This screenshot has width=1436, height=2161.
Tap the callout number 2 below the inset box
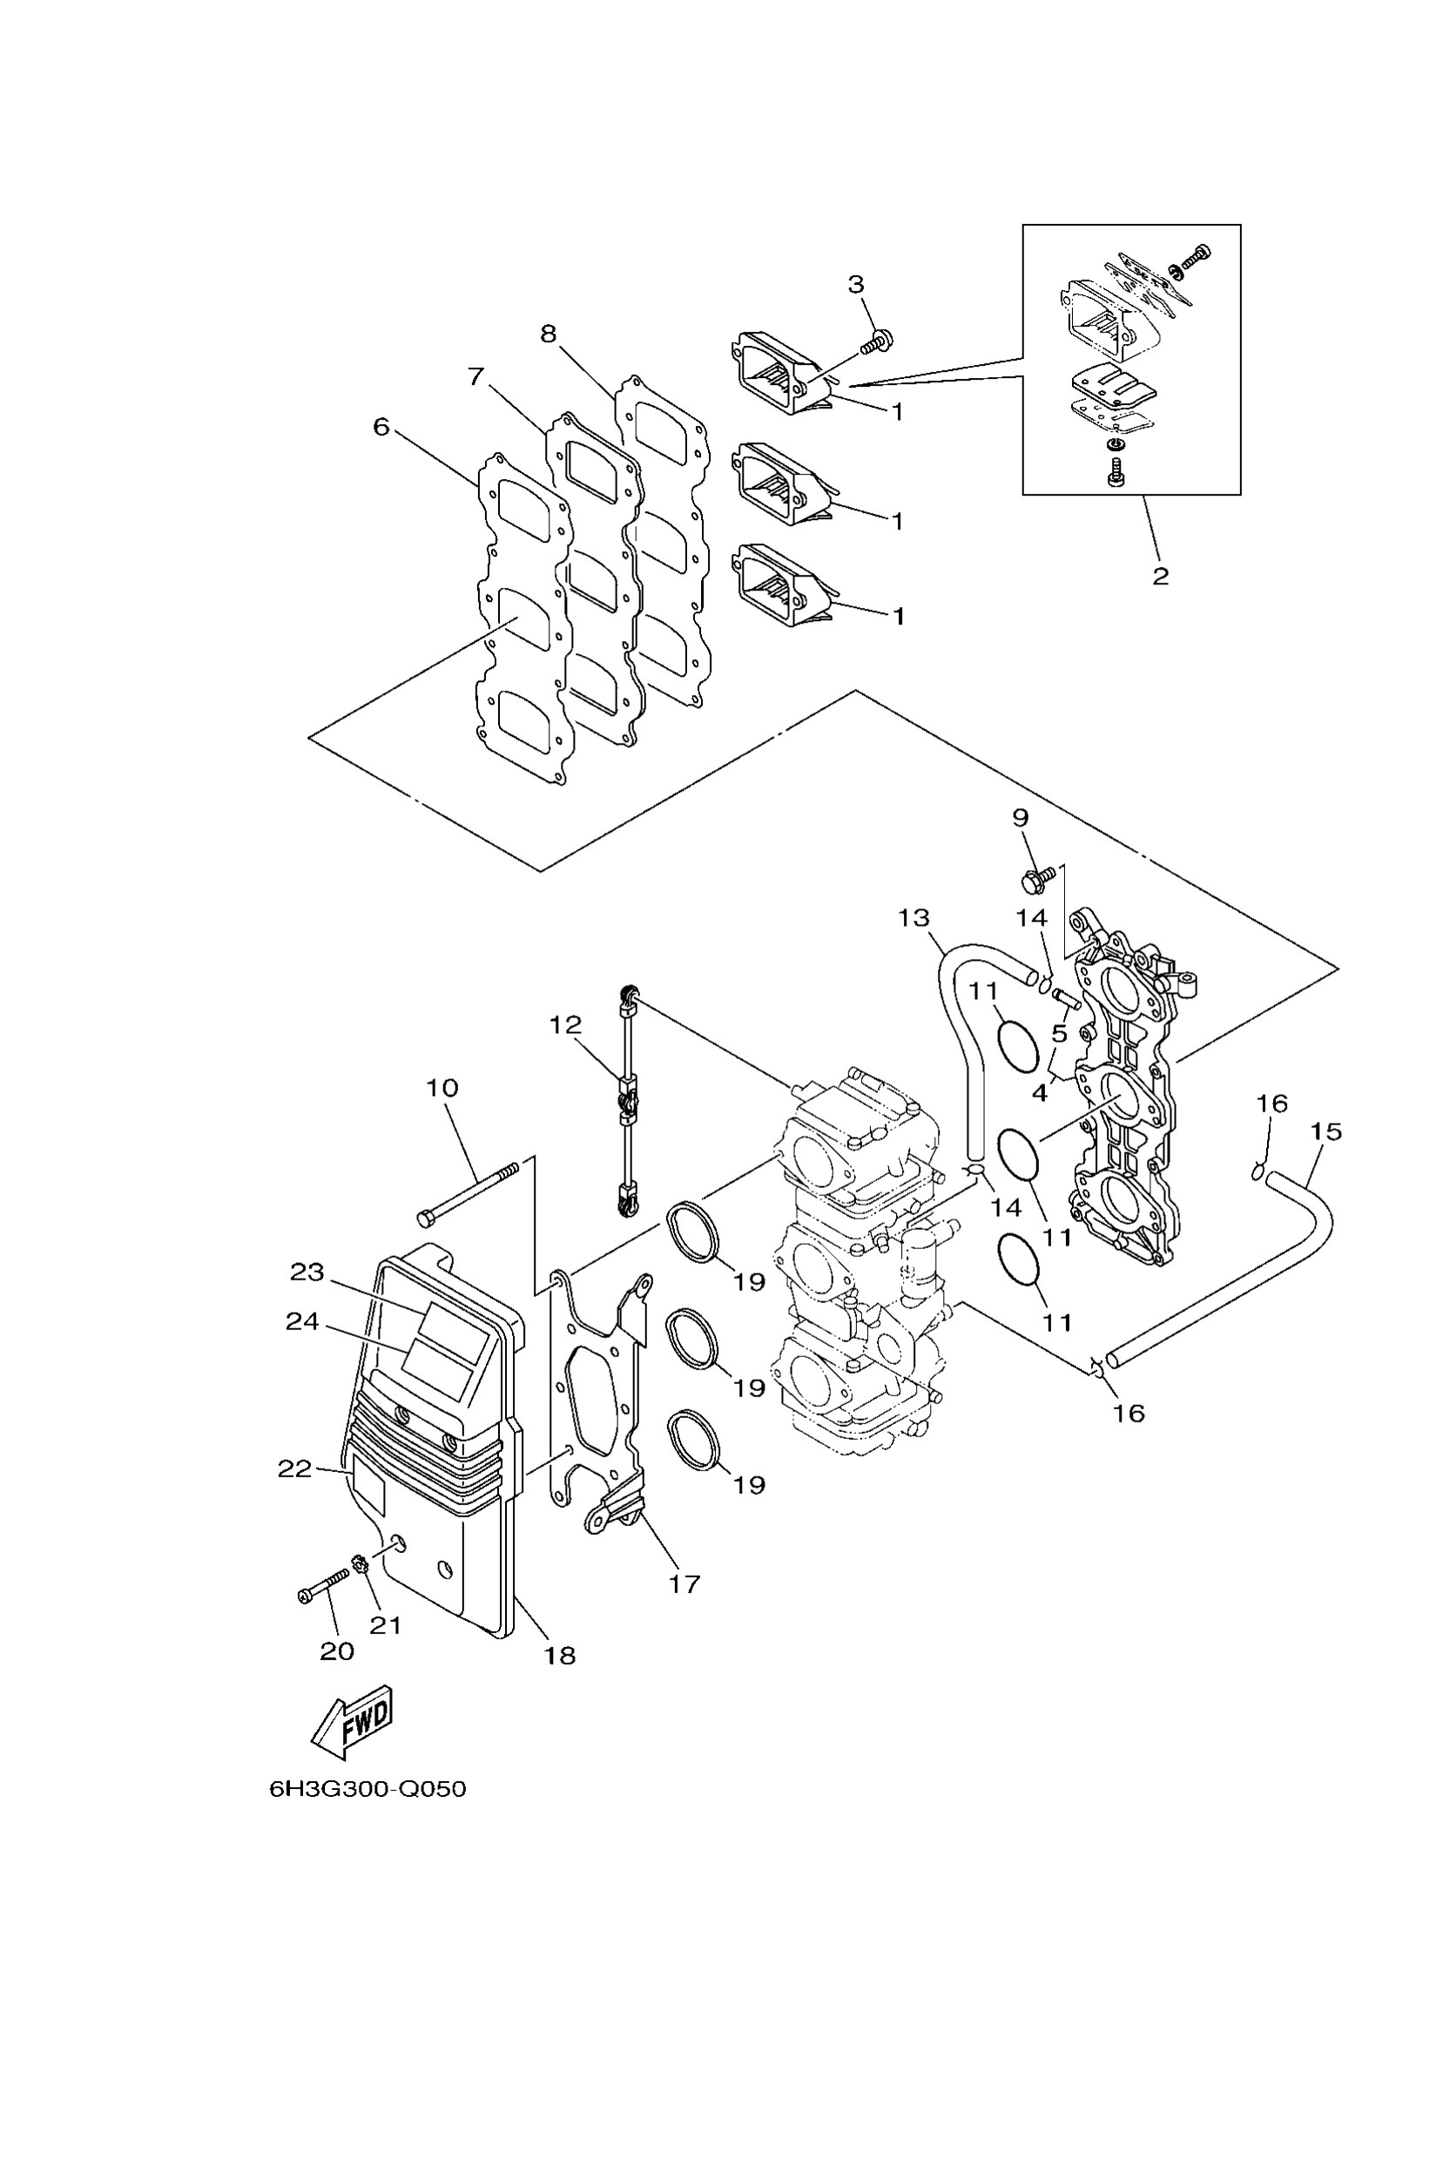pos(1159,577)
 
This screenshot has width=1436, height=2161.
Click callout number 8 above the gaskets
pos(548,334)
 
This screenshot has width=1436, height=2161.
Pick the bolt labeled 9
pos(1033,881)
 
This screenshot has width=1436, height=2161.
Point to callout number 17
pos(684,1583)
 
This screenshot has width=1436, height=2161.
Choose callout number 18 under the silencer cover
pos(560,1654)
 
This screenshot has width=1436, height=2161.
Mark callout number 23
pos(307,1272)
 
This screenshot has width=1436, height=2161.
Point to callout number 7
pos(475,376)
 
